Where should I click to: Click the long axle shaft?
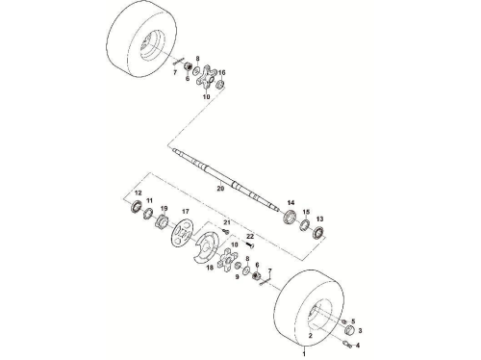point(224,181)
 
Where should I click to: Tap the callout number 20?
point(220,189)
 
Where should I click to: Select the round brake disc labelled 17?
point(182,232)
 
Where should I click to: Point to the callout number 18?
point(210,269)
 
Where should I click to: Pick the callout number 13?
point(319,219)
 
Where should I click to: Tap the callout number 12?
point(138,193)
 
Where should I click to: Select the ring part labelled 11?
point(148,213)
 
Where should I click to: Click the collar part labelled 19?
point(162,220)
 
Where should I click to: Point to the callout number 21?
point(227,222)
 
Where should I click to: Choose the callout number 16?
point(222,72)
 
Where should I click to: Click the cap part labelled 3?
point(349,329)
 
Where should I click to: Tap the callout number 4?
point(358,346)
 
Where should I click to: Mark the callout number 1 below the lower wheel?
point(304,354)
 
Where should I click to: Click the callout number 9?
point(238,276)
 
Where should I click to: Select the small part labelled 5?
point(344,321)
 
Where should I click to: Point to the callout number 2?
point(310,336)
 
